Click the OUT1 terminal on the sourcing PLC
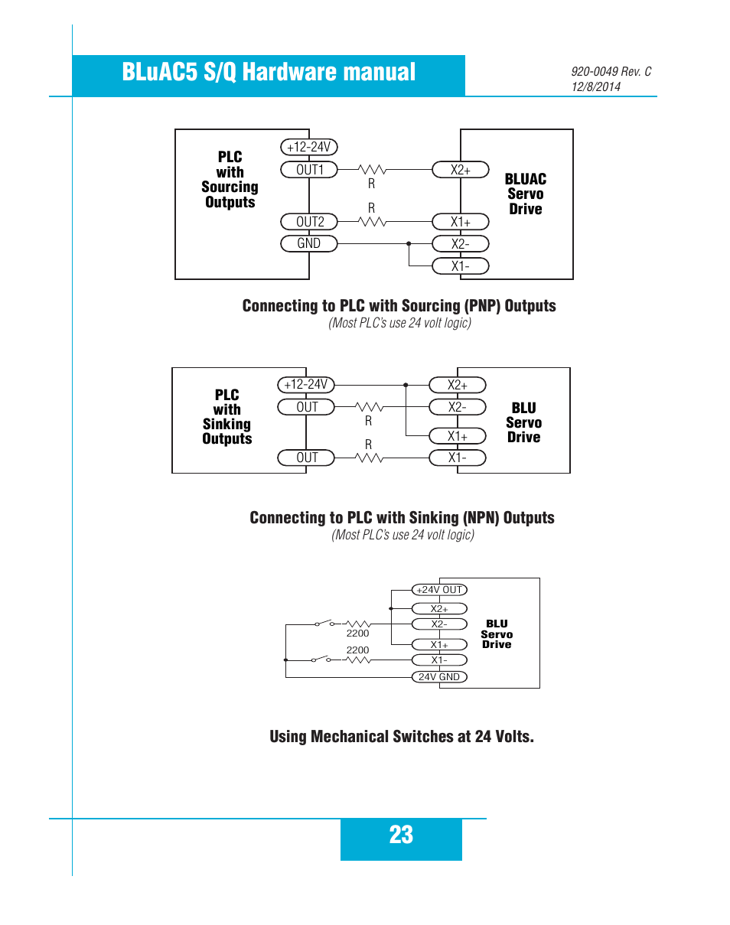point(309,170)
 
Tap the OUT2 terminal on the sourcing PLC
point(309,222)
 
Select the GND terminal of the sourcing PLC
point(309,244)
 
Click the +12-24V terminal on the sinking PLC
point(306,384)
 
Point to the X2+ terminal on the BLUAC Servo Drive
point(461,170)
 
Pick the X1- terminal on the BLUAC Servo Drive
point(461,266)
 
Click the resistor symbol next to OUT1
point(373,169)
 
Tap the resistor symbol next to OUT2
point(373,222)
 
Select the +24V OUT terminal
point(439,590)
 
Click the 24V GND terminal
point(439,677)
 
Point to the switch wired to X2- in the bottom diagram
point(324,623)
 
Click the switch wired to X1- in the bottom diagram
point(321,659)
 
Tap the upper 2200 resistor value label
point(357,633)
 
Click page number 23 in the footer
point(401,835)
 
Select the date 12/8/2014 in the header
point(596,86)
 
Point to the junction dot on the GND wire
point(409,244)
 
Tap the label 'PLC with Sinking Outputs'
point(227,417)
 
